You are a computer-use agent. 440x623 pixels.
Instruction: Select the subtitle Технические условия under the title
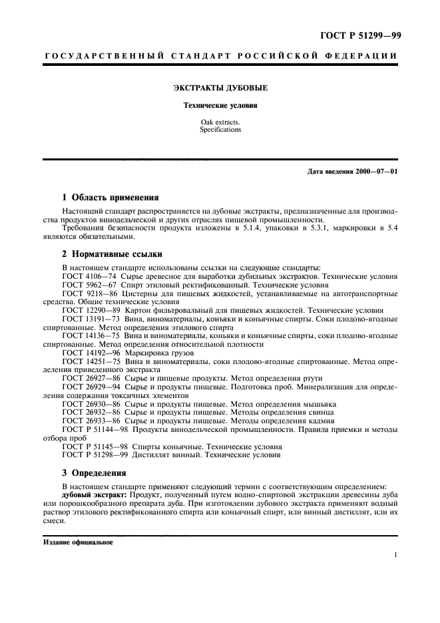tap(220, 106)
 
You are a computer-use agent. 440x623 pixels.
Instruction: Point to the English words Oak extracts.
tap(220, 122)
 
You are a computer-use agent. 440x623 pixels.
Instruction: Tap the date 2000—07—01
tap(375, 172)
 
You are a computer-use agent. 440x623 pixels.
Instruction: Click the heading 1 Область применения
tap(110, 198)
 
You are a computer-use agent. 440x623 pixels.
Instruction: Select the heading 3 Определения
tap(94, 473)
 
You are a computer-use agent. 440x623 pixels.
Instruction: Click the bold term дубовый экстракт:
tap(95, 495)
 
